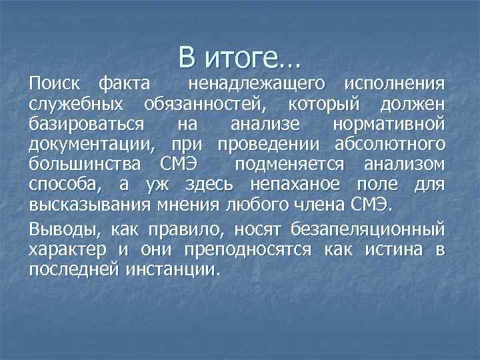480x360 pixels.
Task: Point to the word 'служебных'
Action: pos(75,105)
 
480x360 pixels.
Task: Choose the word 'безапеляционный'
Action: pos(368,230)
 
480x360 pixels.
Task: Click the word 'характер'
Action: pos(67,250)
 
